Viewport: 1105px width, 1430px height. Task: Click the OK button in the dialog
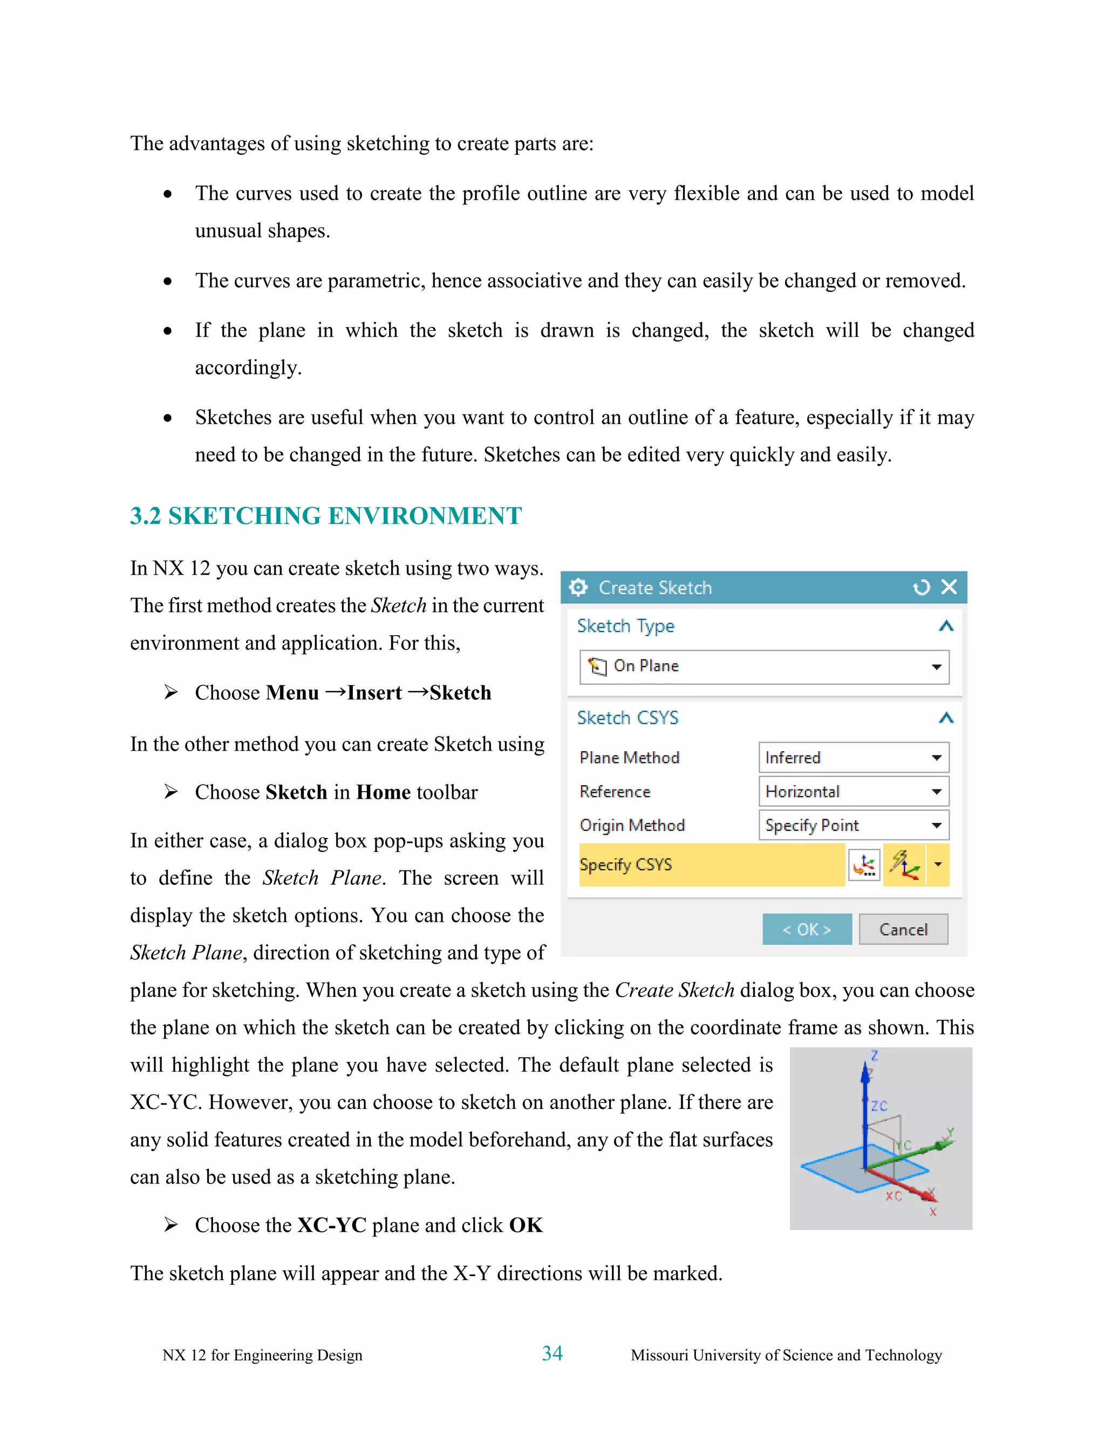click(x=807, y=929)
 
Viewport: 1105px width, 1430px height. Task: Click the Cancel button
click(x=903, y=929)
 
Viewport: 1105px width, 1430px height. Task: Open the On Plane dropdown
click(x=764, y=666)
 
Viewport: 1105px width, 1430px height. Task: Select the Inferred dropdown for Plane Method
click(x=853, y=758)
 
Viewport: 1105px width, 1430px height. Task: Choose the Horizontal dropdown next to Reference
click(x=853, y=792)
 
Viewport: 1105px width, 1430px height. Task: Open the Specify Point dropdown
click(x=853, y=826)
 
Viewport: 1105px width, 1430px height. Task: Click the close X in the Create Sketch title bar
click(x=949, y=587)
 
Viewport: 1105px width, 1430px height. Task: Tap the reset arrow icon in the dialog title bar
click(x=921, y=587)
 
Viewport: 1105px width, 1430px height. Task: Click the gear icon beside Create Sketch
click(x=578, y=587)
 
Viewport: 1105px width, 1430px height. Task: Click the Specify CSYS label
click(x=626, y=865)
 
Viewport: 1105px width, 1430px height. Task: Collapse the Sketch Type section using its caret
click(x=945, y=627)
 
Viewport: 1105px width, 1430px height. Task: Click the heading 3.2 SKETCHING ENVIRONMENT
click(x=325, y=516)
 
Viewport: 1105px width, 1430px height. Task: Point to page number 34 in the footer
click(x=552, y=1353)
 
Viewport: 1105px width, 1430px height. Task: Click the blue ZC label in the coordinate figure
click(x=879, y=1106)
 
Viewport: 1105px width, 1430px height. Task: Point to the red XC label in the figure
click(x=893, y=1196)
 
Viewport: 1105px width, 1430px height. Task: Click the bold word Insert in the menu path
click(x=374, y=693)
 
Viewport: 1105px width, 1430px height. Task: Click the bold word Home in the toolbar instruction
click(x=383, y=792)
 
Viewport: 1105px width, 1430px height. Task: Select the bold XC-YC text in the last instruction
click(x=331, y=1225)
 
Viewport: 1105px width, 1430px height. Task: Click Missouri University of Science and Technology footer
click(x=786, y=1354)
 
